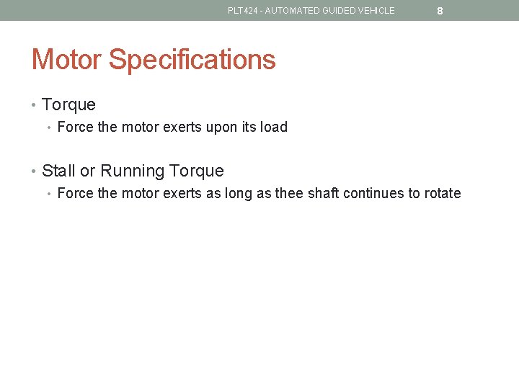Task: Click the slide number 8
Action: (440, 12)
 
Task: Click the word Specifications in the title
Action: (192, 59)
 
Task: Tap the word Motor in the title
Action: (67, 59)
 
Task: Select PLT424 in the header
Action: (241, 11)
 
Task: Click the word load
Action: (275, 127)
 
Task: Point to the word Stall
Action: (58, 171)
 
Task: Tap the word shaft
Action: (327, 193)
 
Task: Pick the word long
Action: (239, 194)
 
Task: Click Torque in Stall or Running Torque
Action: (195, 171)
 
